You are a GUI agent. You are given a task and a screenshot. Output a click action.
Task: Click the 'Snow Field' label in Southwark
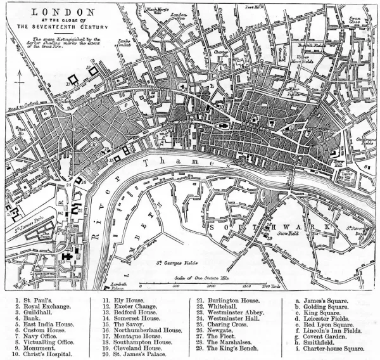click(288, 233)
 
